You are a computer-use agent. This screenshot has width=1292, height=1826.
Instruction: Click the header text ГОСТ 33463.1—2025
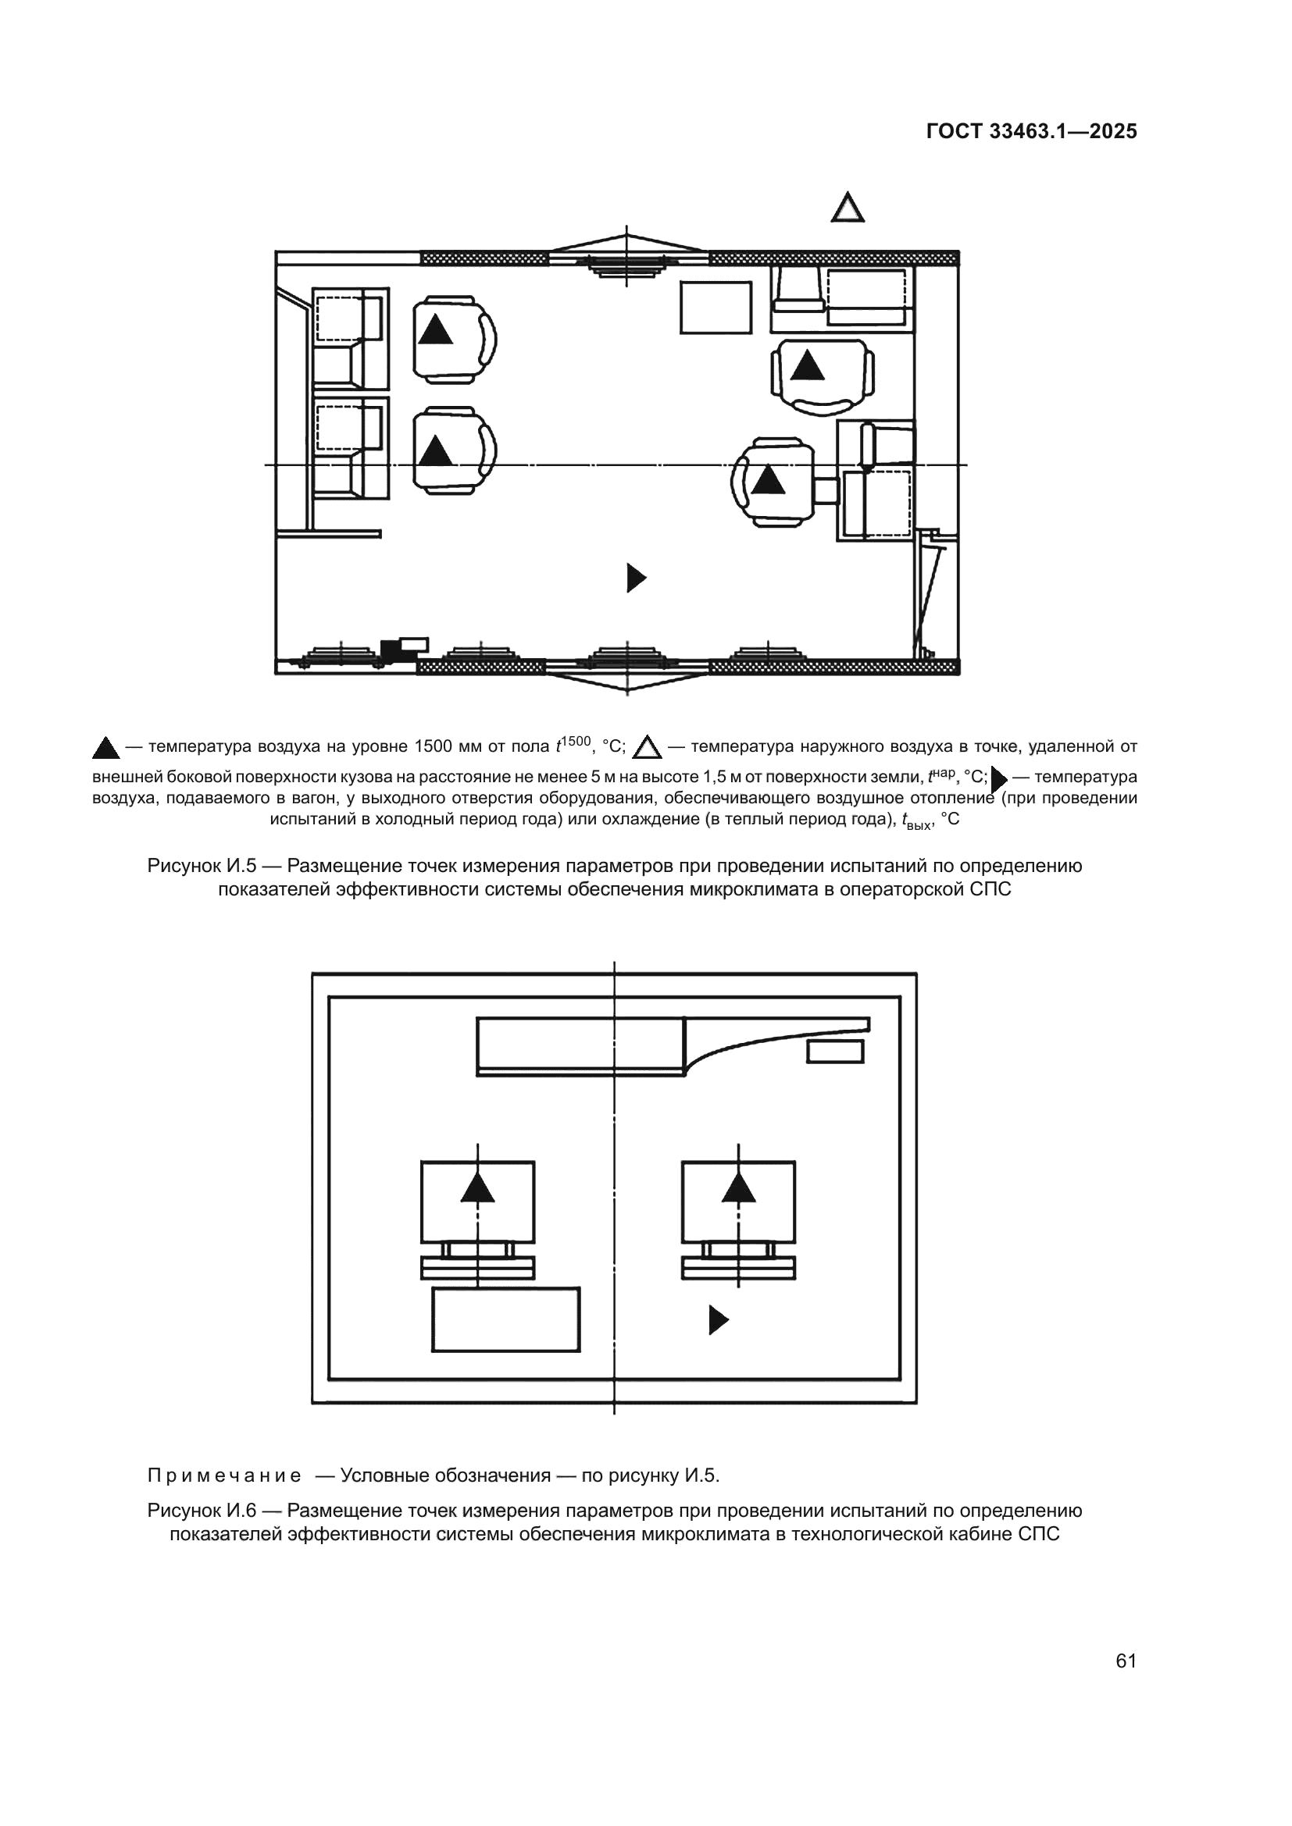1031,131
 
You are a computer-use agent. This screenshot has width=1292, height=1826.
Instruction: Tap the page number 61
1126,1660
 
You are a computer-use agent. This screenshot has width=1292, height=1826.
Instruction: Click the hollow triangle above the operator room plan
848,208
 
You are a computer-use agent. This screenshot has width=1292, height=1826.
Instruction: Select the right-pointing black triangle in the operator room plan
636,578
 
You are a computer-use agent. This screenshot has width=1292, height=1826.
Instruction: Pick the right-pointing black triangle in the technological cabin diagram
719,1320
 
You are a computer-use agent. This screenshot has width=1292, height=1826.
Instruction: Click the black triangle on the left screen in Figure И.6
477,1187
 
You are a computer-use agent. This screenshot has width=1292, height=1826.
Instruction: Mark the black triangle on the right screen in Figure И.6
738,1187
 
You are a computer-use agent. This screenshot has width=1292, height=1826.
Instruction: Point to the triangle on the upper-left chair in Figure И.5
435,330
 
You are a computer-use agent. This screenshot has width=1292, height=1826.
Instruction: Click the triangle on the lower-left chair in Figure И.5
435,451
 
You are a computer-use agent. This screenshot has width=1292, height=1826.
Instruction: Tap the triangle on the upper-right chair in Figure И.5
808,366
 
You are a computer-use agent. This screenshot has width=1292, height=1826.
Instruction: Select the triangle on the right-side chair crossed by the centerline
768,480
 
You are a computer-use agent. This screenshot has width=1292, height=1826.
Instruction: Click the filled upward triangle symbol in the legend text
105,749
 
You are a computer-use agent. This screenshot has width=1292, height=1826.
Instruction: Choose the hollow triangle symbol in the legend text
647,748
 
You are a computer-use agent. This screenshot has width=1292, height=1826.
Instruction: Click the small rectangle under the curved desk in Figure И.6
834,1052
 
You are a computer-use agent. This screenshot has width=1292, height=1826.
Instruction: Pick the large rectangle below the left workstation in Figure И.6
505,1319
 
